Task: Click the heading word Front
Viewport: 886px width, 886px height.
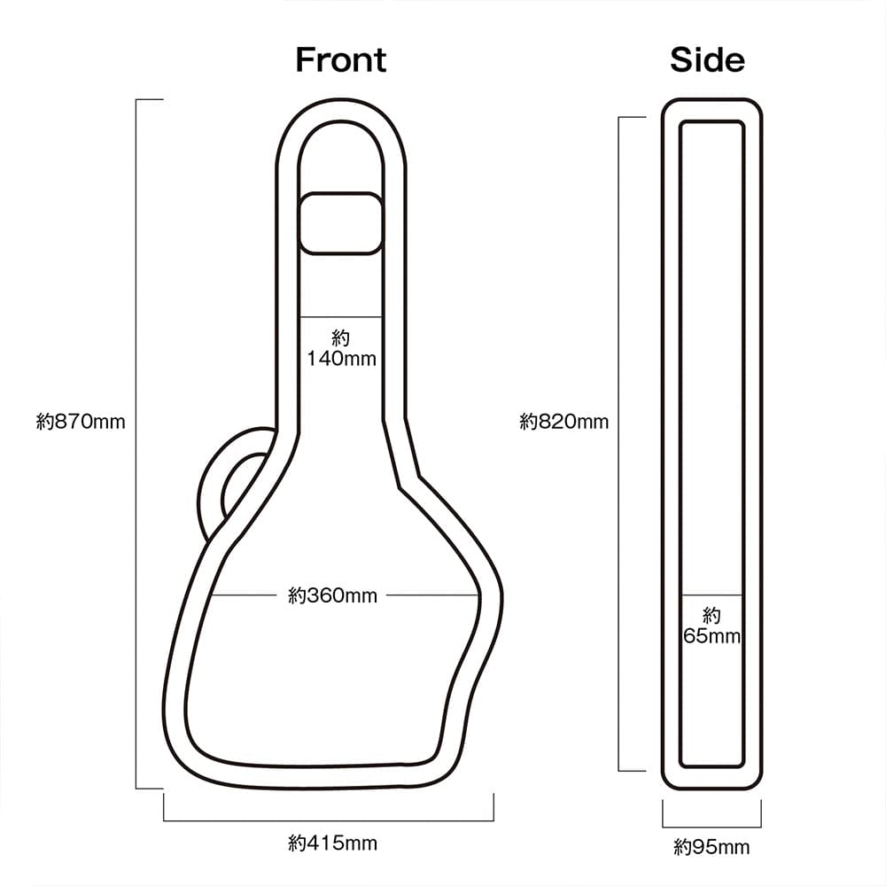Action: coord(340,60)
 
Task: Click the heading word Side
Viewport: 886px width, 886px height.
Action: coord(707,60)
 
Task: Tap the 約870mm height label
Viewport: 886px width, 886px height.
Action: coord(81,422)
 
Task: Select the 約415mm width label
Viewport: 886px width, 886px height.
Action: coord(332,843)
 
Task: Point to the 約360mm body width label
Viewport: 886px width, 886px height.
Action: coord(332,596)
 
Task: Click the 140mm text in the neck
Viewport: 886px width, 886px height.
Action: coord(342,359)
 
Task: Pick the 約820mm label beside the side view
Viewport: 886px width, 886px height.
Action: coord(564,422)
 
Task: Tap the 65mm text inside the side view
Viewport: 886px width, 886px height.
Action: coord(711,636)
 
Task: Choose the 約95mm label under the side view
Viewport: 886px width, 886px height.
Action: coord(711,848)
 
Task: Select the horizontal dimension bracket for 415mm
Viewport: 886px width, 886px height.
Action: coord(329,820)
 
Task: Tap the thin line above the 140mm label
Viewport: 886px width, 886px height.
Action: coord(342,316)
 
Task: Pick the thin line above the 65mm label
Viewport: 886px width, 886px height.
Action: coord(711,594)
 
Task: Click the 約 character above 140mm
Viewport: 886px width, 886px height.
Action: coord(342,338)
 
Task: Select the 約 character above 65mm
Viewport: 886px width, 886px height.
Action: coord(711,616)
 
